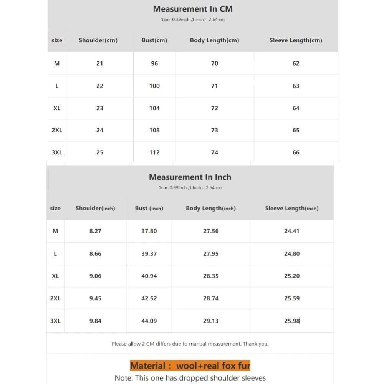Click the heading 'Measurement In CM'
point(193,9)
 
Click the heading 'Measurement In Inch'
point(190,177)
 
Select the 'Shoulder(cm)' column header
point(98,40)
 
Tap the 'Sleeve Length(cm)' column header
point(296,40)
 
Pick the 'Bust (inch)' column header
point(149,208)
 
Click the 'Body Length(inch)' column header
point(211,208)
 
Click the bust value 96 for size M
point(154,63)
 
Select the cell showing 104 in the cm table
point(154,108)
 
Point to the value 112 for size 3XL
point(154,152)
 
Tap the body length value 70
point(215,63)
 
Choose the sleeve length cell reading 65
point(296,130)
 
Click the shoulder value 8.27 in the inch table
point(95,231)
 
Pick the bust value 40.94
point(149,276)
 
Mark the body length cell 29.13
point(211,321)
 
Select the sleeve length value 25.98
point(292,321)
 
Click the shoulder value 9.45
point(95,298)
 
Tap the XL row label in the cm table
point(57,108)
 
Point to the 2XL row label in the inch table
point(55,298)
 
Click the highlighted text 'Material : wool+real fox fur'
point(190,366)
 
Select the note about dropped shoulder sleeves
point(190,378)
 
